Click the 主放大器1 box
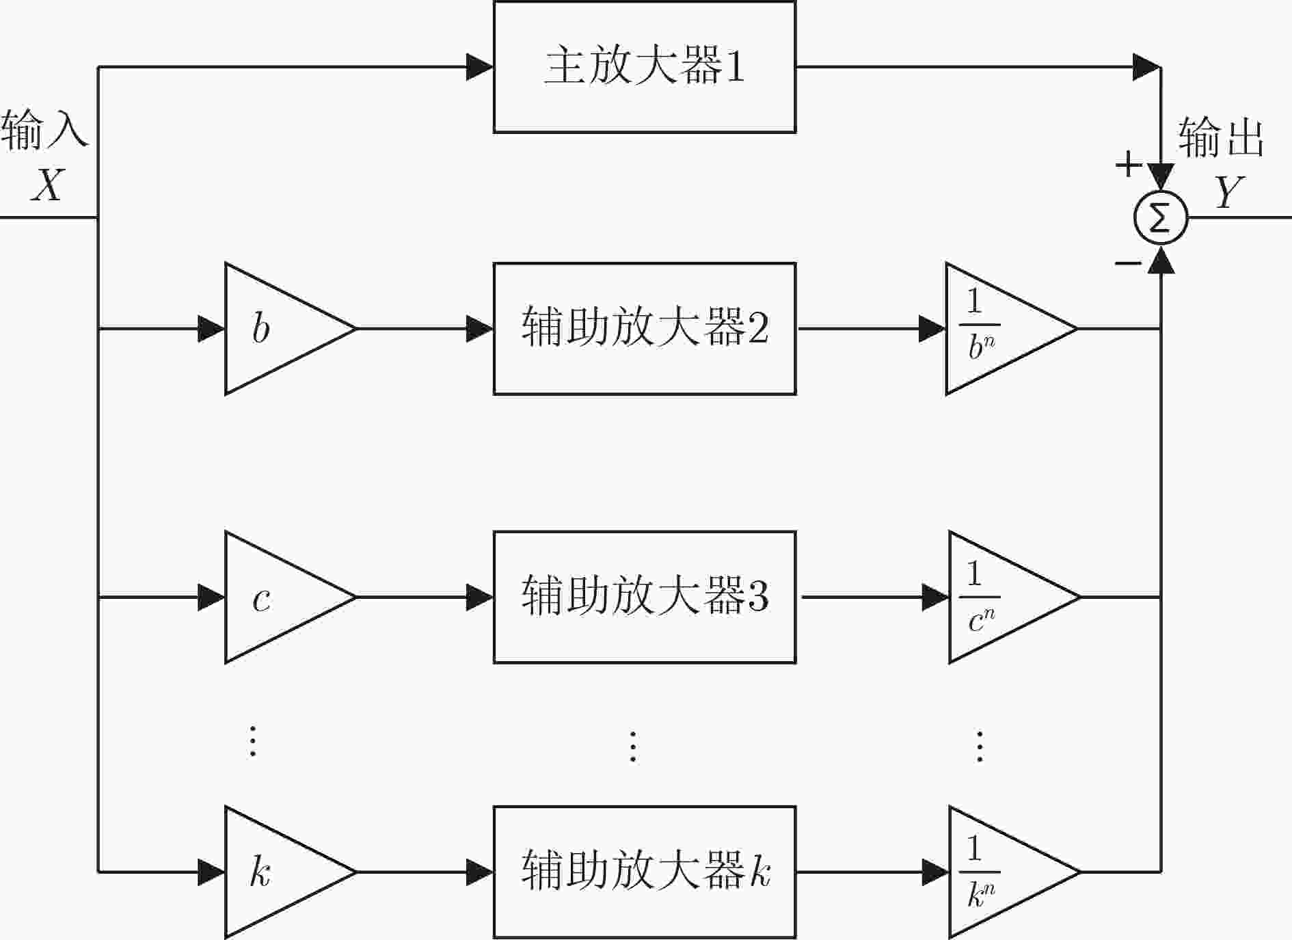[645, 67]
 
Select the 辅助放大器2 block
[645, 329]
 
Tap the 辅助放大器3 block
[645, 597]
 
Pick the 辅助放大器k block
[645, 872]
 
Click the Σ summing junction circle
[1161, 218]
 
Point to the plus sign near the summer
[1129, 164]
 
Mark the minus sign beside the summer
[1128, 263]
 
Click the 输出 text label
[1221, 137]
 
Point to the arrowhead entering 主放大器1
[480, 67]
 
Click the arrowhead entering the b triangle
[211, 329]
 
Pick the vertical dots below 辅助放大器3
[633, 746]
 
